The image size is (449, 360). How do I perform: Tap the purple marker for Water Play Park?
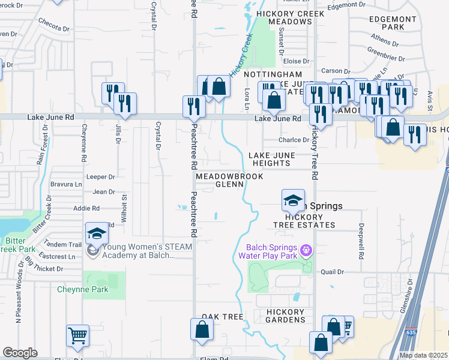(307, 248)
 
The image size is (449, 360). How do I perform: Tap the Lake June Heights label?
(272, 159)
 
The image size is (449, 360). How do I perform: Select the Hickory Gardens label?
(286, 316)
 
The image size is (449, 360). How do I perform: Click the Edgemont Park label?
(393, 23)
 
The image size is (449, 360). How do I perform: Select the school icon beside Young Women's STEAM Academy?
(97, 233)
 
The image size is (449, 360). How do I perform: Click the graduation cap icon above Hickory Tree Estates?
(293, 200)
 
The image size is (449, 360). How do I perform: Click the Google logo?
(20, 352)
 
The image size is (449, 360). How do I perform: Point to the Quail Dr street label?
(332, 272)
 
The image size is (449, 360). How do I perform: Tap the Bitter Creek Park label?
(12, 245)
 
